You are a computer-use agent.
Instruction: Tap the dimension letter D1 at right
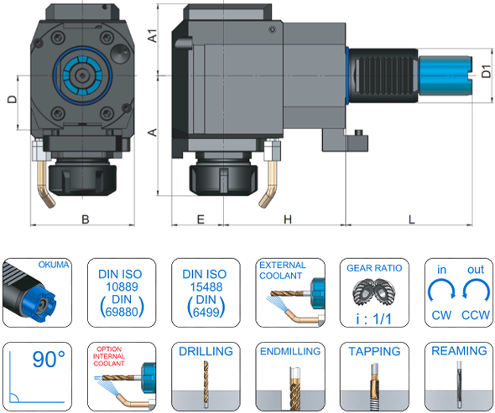point(486,75)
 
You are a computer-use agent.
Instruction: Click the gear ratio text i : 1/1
point(373,318)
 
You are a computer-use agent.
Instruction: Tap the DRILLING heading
point(205,352)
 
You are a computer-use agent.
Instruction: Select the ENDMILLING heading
point(289,352)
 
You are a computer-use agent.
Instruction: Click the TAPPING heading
point(373,352)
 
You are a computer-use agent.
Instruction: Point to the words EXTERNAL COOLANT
point(283,270)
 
